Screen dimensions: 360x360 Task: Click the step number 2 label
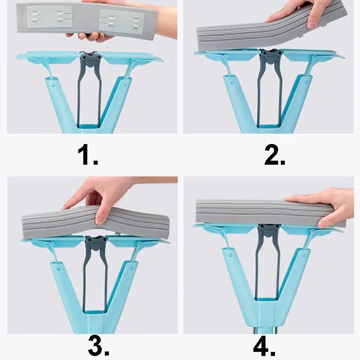pyautogui.click(x=274, y=154)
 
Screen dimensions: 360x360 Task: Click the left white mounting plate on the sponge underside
pyautogui.click(x=50, y=17)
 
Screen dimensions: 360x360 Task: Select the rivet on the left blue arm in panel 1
pyautogui.click(x=54, y=85)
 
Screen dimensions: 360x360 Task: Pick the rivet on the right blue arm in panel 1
pyautogui.click(x=125, y=85)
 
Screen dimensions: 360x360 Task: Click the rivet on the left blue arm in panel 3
pyautogui.click(x=58, y=269)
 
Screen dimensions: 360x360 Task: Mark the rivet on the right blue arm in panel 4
pyautogui.click(x=304, y=255)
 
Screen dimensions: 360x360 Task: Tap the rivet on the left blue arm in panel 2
pyautogui.click(x=232, y=82)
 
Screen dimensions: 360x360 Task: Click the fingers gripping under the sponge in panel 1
pyautogui.click(x=90, y=37)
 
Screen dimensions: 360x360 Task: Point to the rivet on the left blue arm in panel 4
pyautogui.click(x=230, y=255)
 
